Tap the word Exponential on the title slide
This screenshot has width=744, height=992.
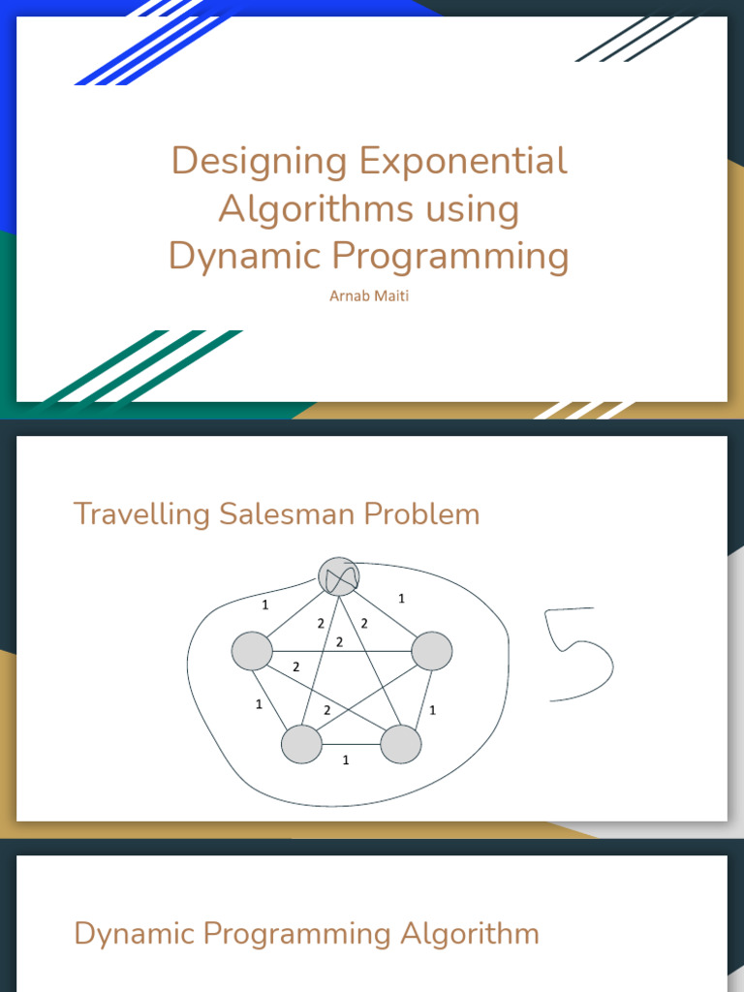pyautogui.click(x=464, y=161)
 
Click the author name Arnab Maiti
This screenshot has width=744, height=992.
pyautogui.click(x=369, y=296)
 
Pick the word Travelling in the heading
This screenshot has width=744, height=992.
pyautogui.click(x=141, y=514)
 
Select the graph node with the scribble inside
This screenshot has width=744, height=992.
pyautogui.click(x=338, y=576)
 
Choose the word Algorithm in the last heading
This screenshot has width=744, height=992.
pyautogui.click(x=470, y=935)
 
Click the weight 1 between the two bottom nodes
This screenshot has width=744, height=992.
pyautogui.click(x=346, y=759)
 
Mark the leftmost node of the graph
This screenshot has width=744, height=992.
pyautogui.click(x=252, y=651)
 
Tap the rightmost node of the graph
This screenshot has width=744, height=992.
pyautogui.click(x=432, y=651)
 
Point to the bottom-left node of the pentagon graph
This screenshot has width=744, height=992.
pyautogui.click(x=301, y=744)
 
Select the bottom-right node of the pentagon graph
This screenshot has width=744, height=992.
pyautogui.click(x=400, y=744)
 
